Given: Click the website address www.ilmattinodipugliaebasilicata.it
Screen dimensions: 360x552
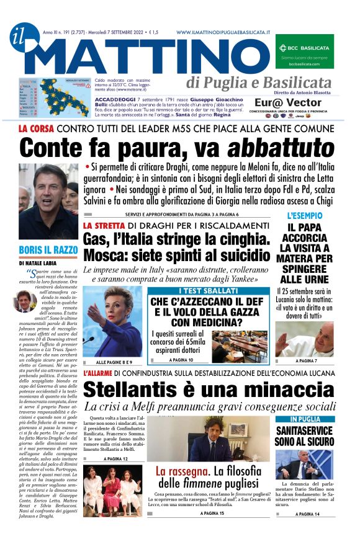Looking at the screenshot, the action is (x=223, y=32).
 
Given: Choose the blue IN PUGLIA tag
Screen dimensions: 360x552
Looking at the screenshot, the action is (x=306, y=420).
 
